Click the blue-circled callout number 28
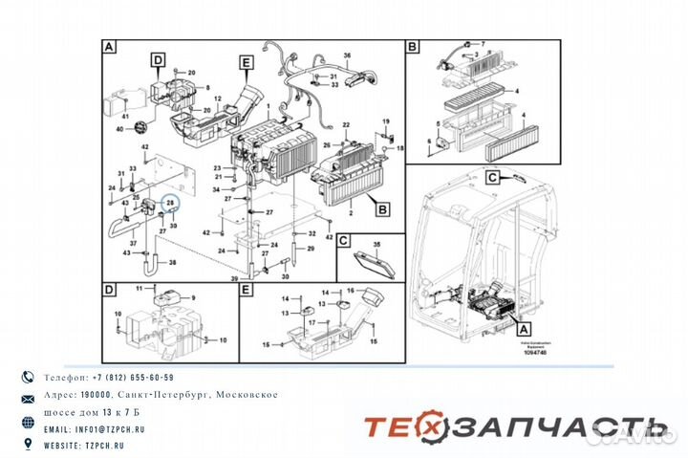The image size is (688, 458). tap(170, 203)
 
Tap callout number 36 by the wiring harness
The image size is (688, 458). tap(347, 56)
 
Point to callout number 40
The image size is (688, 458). tap(120, 129)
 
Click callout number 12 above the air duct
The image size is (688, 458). tap(217, 99)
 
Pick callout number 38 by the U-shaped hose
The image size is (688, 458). tap(172, 262)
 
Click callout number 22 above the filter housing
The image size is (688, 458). tap(346, 125)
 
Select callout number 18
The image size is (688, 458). tap(399, 149)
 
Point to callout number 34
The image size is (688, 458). tap(217, 190)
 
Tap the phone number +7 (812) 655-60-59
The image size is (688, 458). tap(122, 379)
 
